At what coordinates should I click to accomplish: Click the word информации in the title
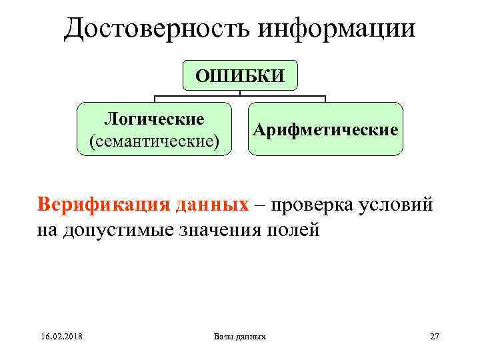point(335,28)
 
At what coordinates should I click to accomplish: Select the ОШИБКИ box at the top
point(239,75)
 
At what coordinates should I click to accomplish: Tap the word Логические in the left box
point(154,119)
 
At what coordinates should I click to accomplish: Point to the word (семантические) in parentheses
point(154,141)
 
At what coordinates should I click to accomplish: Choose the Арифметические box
point(325,129)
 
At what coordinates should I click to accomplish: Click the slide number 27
point(435,337)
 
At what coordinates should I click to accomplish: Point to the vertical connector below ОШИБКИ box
point(240,94)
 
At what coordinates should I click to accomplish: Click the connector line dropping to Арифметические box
point(325,99)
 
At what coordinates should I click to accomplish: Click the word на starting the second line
point(47,231)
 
